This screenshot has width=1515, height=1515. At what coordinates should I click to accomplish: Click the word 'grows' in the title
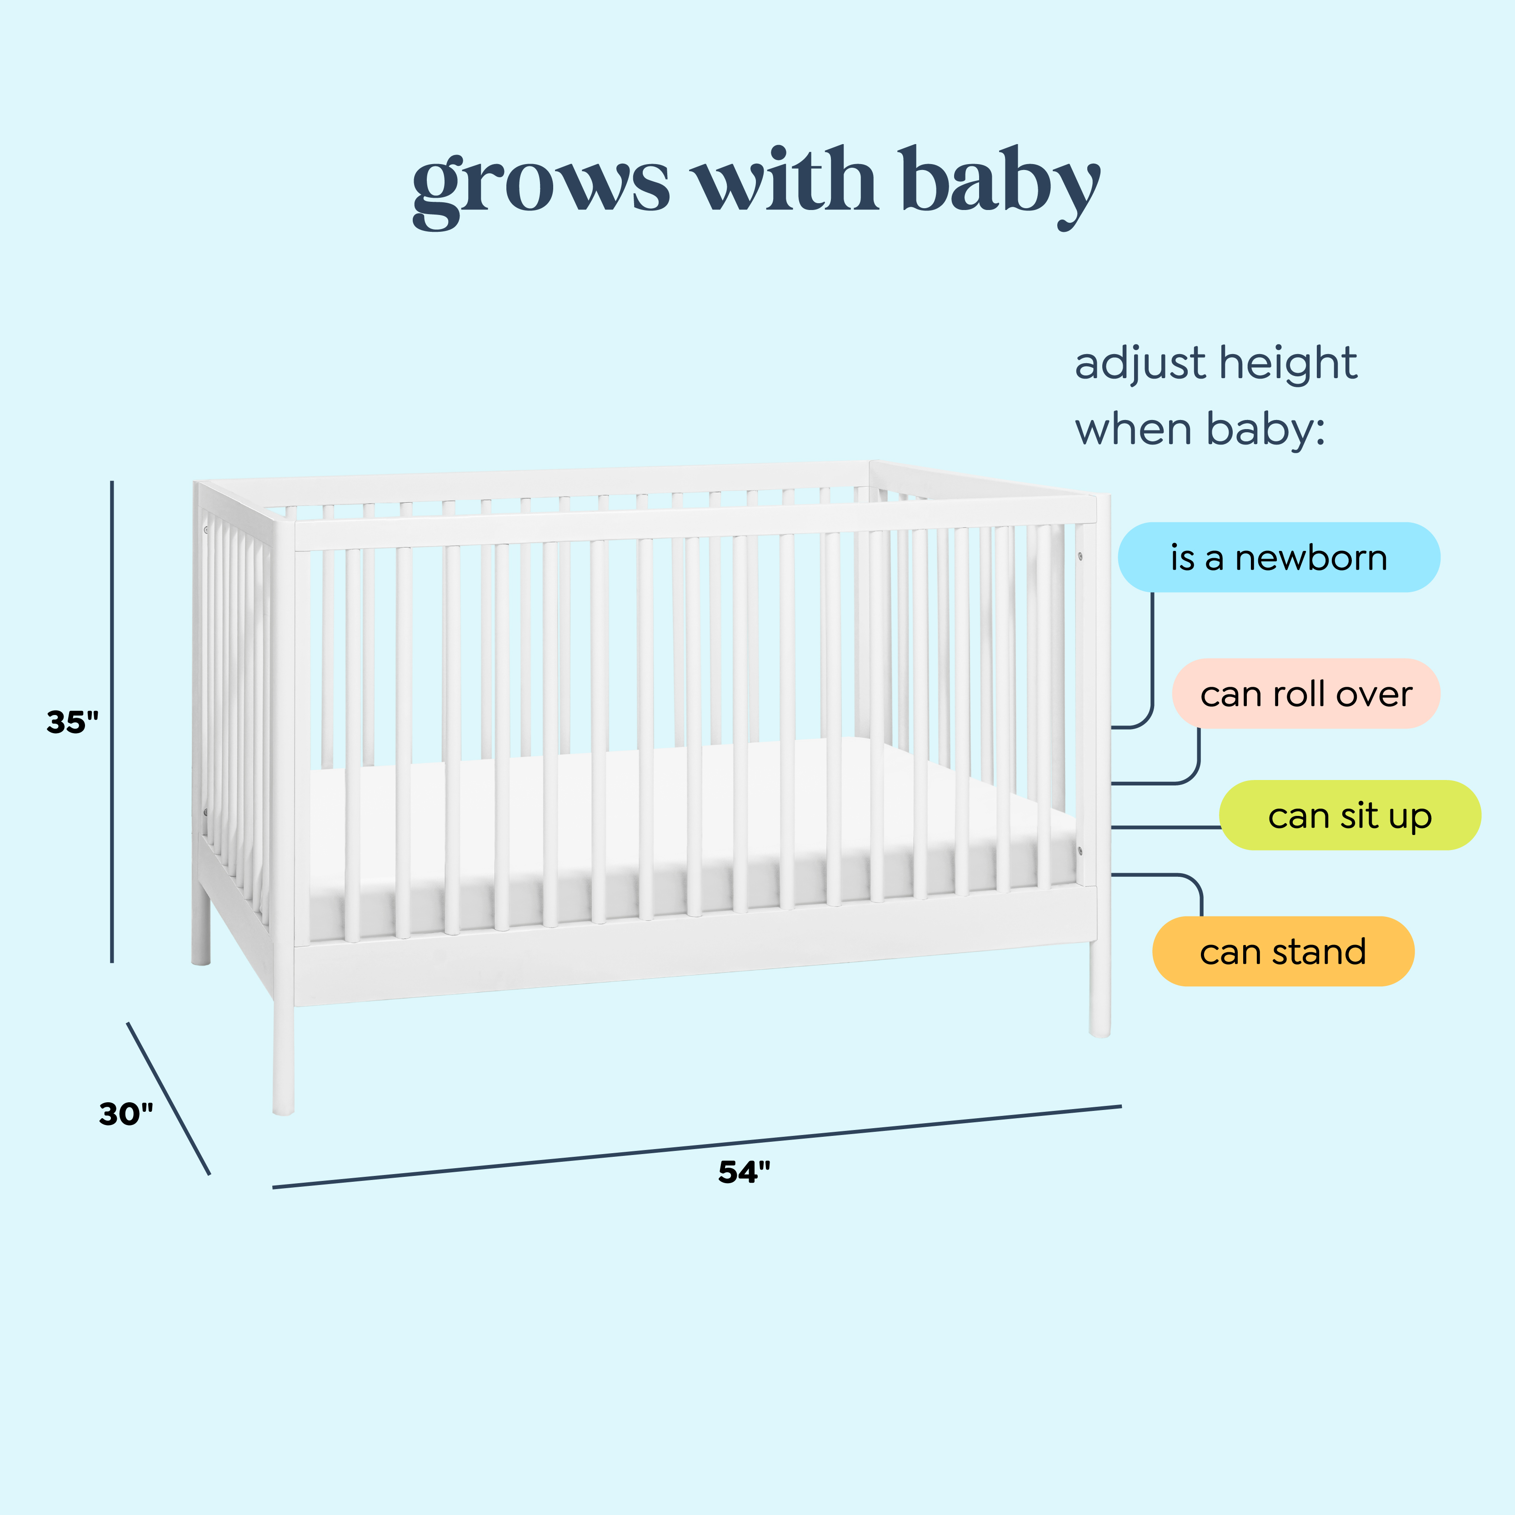pyautogui.click(x=541, y=184)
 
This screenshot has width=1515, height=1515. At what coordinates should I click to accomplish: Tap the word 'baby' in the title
pyautogui.click(x=1000, y=184)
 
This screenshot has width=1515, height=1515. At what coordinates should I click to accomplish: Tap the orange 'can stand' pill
pyautogui.click(x=1283, y=951)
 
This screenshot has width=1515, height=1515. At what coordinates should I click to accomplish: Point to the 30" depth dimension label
pyautogui.click(x=125, y=1114)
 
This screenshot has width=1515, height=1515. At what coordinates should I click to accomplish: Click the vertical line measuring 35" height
pyautogui.click(x=112, y=721)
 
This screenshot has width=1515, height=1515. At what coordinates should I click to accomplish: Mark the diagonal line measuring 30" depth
pyautogui.click(x=169, y=1098)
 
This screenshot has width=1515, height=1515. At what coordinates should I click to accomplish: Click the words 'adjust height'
pyautogui.click(x=1215, y=364)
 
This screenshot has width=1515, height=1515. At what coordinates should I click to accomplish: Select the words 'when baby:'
pyautogui.click(x=1200, y=430)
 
